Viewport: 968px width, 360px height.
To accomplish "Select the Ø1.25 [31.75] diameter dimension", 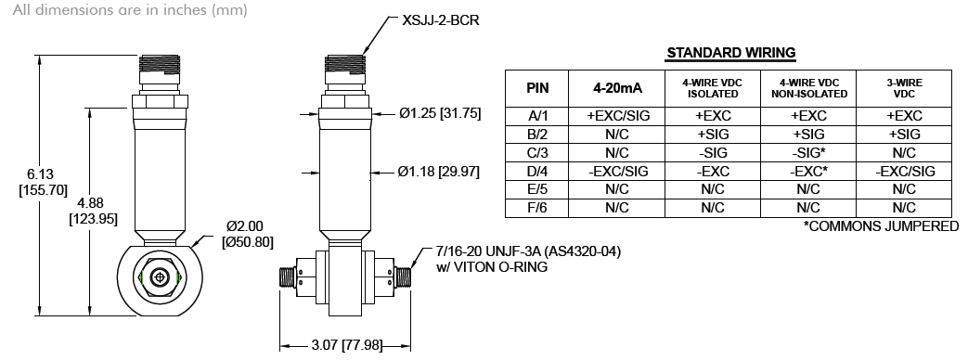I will click(x=439, y=114).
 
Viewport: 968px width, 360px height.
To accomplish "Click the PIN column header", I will click(x=537, y=89).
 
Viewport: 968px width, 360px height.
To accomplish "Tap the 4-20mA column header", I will click(x=616, y=89).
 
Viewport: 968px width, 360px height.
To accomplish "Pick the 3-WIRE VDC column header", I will click(x=903, y=89).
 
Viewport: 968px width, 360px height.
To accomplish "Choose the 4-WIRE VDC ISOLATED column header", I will click(x=712, y=89).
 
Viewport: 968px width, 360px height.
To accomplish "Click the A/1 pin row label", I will click(x=537, y=116).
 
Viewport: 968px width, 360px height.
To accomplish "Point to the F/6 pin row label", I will click(x=537, y=208).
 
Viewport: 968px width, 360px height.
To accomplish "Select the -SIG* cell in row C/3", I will click(x=808, y=153).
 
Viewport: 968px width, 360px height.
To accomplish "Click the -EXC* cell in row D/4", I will click(x=808, y=172).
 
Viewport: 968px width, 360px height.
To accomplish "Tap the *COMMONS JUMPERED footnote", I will click(x=881, y=226).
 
